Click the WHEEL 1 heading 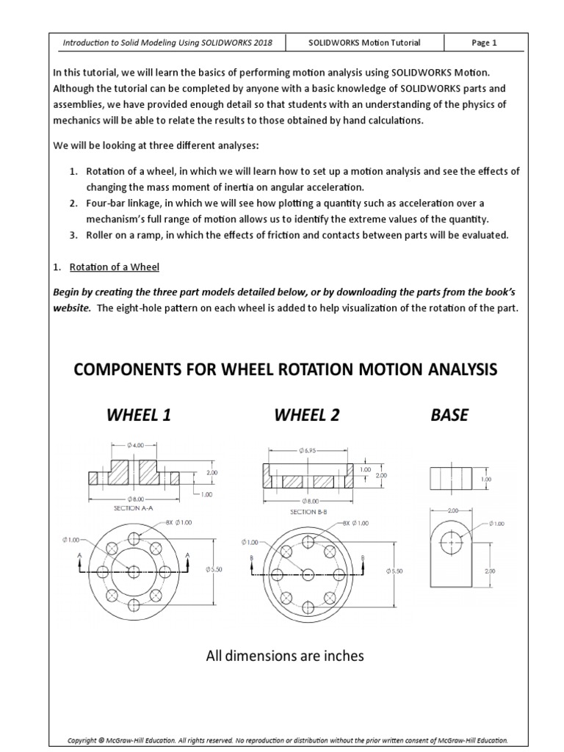(139, 416)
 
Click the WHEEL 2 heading (307, 416)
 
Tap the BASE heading (449, 416)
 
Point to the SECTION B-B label (308, 511)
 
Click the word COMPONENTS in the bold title (123, 369)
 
